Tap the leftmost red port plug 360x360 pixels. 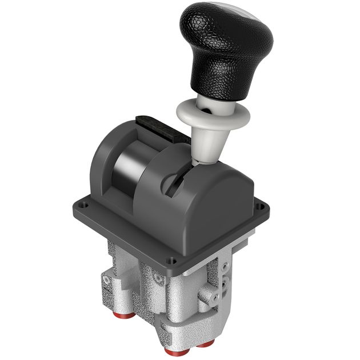(127, 315)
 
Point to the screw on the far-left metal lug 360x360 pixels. (106, 281)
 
